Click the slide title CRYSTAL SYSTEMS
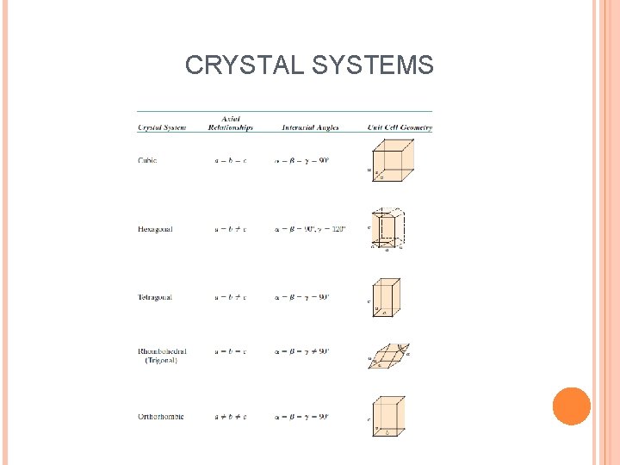(309, 65)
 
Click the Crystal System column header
(161, 128)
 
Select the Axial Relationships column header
(230, 124)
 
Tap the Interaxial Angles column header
(310, 128)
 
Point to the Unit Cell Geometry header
(400, 128)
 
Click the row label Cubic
(147, 160)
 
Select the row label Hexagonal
(155, 229)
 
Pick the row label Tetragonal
(155, 297)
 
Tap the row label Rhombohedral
(162, 352)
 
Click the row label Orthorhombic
(160, 417)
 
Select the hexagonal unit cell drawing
(389, 229)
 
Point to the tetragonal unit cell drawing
(387, 297)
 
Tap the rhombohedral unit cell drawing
(390, 356)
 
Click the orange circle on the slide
(571, 406)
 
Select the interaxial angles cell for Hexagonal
(310, 229)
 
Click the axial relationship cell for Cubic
(230, 160)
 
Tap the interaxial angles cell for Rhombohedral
(301, 352)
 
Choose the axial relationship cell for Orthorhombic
(230, 417)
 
